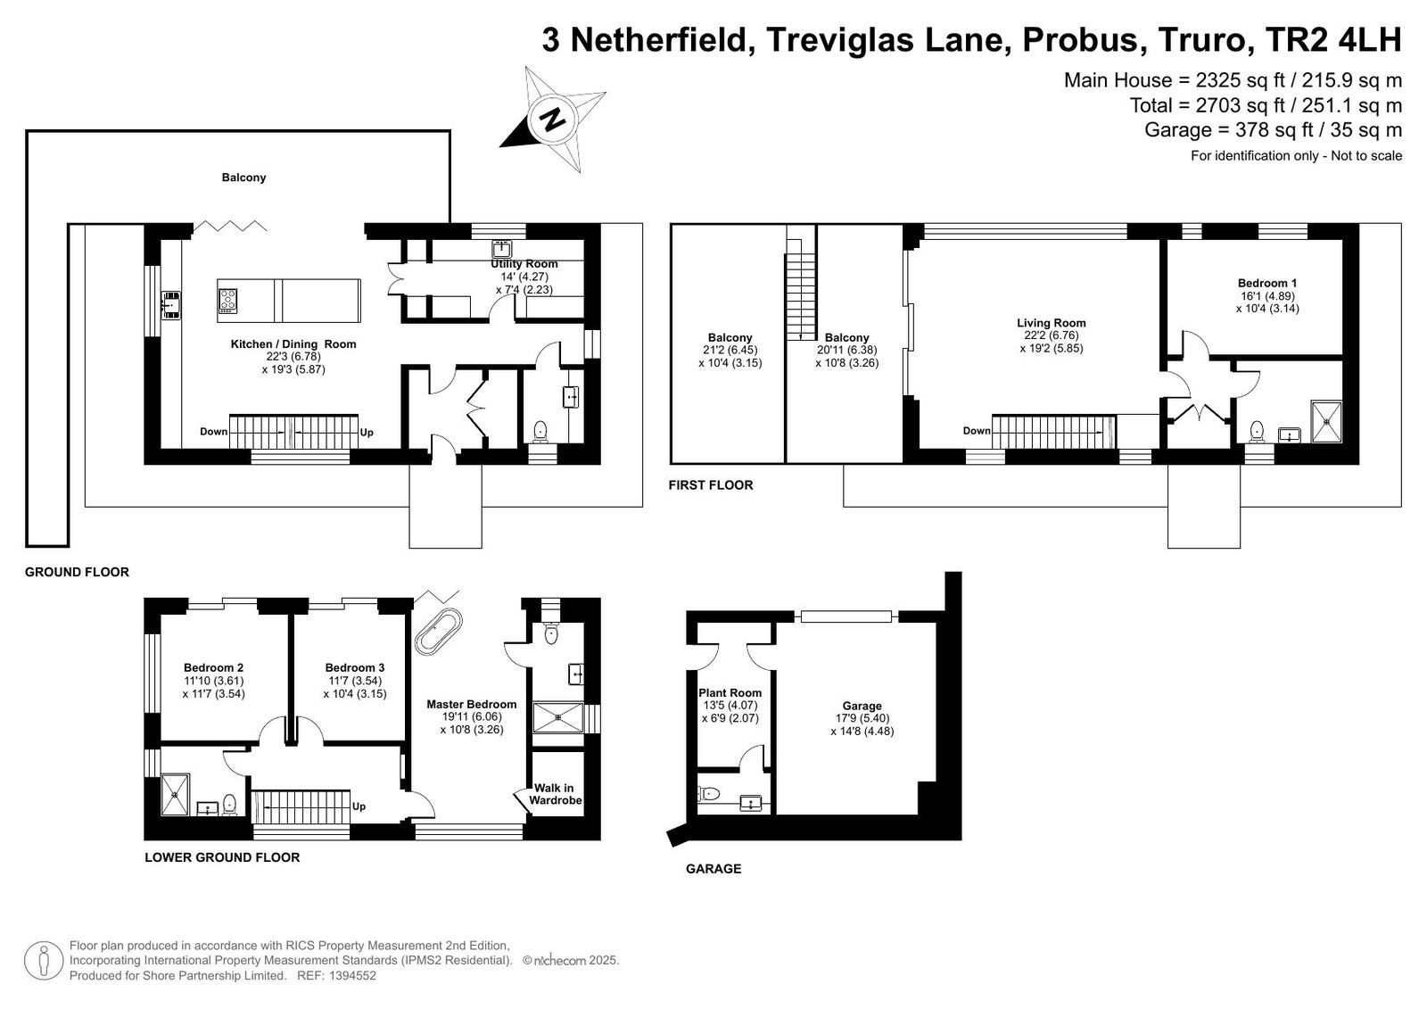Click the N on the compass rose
pyautogui.click(x=552, y=120)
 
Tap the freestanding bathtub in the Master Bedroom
pyautogui.click(x=438, y=631)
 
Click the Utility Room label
pyautogui.click(x=524, y=264)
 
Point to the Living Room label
pyautogui.click(x=1052, y=323)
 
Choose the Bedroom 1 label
pyautogui.click(x=1267, y=283)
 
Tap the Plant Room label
pyautogui.click(x=730, y=693)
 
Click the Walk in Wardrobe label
pyautogui.click(x=556, y=794)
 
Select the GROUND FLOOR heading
pyautogui.click(x=77, y=573)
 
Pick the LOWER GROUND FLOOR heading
pyautogui.click(x=222, y=857)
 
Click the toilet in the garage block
pyautogui.click(x=709, y=794)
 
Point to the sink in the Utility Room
pyautogui.click(x=502, y=249)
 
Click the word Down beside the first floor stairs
pyautogui.click(x=977, y=431)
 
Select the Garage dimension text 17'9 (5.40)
pyautogui.click(x=862, y=718)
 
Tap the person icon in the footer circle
pyautogui.click(x=44, y=962)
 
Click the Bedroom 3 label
pyautogui.click(x=355, y=668)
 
